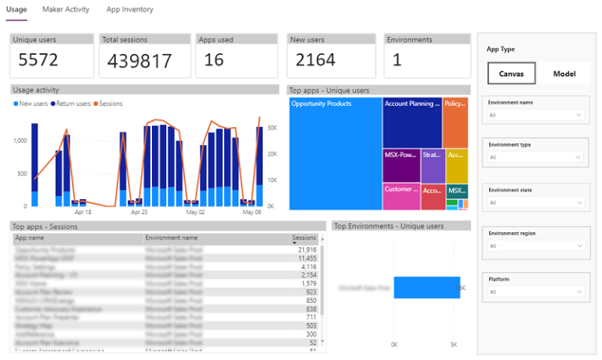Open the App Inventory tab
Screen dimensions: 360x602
[x=130, y=9]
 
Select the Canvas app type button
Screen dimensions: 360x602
[x=511, y=74]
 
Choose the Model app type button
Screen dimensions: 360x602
[x=564, y=74]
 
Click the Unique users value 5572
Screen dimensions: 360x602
[x=38, y=60]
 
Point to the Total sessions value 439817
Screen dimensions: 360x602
[x=139, y=60]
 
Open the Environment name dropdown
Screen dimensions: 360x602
[x=535, y=115]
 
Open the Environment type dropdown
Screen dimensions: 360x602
[x=535, y=157]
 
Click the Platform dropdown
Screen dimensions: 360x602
[x=535, y=292]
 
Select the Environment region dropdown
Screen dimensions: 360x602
[x=535, y=245]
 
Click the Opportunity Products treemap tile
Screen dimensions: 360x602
[x=335, y=153]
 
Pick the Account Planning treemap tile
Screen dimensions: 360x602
[x=412, y=122]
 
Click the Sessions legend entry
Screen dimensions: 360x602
[x=111, y=104]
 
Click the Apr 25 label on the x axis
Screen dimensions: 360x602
[x=140, y=212]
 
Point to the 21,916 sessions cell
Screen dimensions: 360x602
[x=305, y=249]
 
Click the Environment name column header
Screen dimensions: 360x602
[x=172, y=238]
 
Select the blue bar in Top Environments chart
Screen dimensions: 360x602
[x=426, y=287]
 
